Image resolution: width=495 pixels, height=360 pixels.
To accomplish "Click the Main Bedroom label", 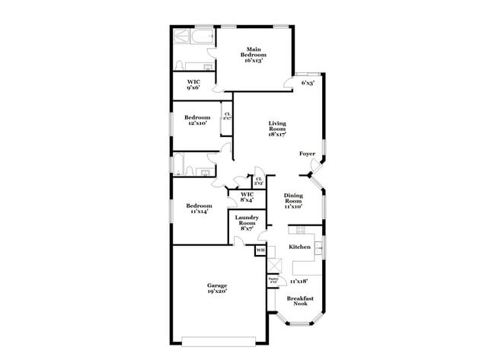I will [254, 53].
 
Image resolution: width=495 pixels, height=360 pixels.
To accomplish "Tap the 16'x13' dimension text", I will [254, 60].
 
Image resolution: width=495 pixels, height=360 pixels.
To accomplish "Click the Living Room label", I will [276, 126].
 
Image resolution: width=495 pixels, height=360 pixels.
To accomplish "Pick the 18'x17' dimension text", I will [276, 135].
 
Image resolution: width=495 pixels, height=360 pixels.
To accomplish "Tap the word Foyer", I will [307, 154].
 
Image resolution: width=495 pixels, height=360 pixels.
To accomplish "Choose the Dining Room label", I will [293, 198].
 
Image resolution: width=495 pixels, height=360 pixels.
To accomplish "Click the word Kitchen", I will [299, 247].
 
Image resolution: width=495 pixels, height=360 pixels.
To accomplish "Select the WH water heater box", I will [260, 250].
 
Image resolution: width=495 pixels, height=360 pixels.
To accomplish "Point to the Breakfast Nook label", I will [305, 301].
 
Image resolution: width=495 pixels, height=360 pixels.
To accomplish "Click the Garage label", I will [216, 285].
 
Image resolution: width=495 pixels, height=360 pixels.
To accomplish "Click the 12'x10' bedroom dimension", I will [196, 123].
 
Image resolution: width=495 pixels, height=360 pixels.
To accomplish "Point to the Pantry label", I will [273, 279].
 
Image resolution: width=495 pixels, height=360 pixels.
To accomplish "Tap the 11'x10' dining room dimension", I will [293, 206].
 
